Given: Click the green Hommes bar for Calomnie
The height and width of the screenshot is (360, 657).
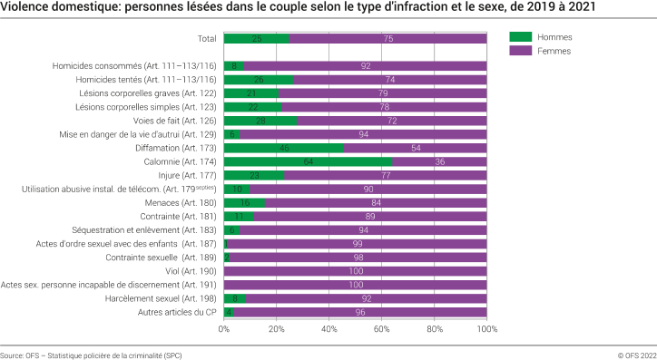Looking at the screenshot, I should (x=308, y=161).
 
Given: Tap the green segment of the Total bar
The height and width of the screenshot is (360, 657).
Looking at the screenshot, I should (x=256, y=39).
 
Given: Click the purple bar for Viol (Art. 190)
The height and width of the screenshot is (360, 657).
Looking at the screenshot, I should (x=356, y=270).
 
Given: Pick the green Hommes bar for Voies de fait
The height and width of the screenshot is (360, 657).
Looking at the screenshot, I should (x=260, y=121).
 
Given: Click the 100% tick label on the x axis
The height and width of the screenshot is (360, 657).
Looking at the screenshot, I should (x=487, y=329).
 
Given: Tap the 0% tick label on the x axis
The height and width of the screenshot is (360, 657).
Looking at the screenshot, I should (x=224, y=329).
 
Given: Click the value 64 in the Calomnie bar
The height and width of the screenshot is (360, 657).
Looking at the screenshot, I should (x=308, y=161).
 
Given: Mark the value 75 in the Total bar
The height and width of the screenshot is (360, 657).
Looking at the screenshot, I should (x=388, y=39).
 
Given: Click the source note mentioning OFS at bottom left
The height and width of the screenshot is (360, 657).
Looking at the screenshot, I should (x=91, y=355).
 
